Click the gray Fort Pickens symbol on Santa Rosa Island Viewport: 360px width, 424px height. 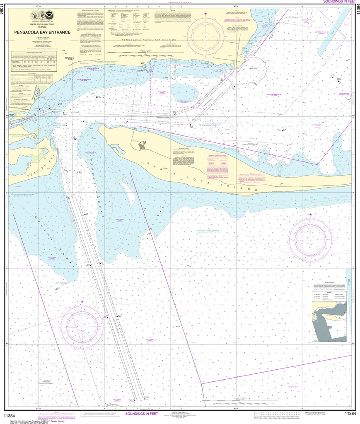click(x=143, y=146)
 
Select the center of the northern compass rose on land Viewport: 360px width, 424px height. click(x=205, y=33)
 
